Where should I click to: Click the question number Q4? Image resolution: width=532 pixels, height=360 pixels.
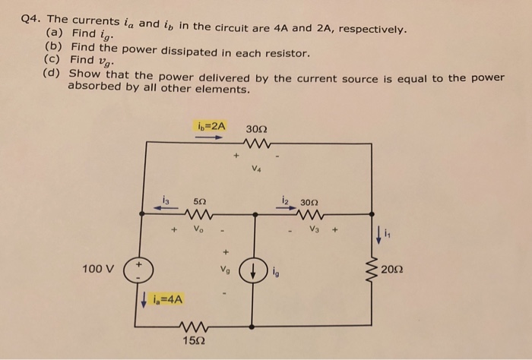(33, 21)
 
